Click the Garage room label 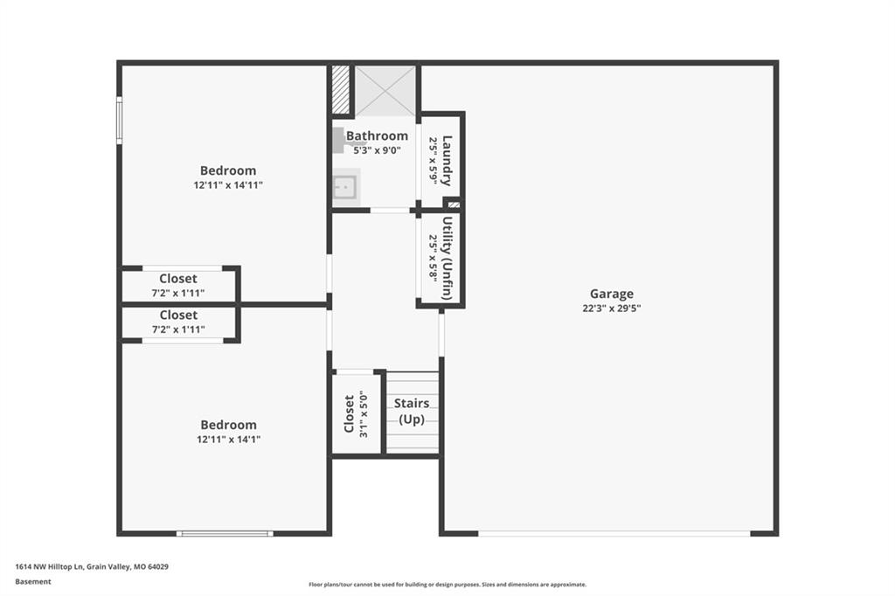(611, 294)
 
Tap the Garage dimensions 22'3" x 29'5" (611, 308)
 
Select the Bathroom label (377, 135)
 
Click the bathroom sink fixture (346, 187)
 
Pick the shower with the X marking (385, 92)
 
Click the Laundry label (447, 161)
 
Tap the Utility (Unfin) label (447, 258)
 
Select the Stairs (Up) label (412, 411)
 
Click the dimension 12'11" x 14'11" (228, 185)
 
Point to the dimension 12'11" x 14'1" (228, 439)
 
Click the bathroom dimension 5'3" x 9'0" (377, 150)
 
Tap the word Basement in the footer (33, 582)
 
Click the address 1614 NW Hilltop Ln (49, 567)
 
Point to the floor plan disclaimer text (447, 585)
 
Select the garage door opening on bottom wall (614, 534)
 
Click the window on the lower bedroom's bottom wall (225, 534)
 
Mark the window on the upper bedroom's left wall (119, 120)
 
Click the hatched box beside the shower (341, 90)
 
